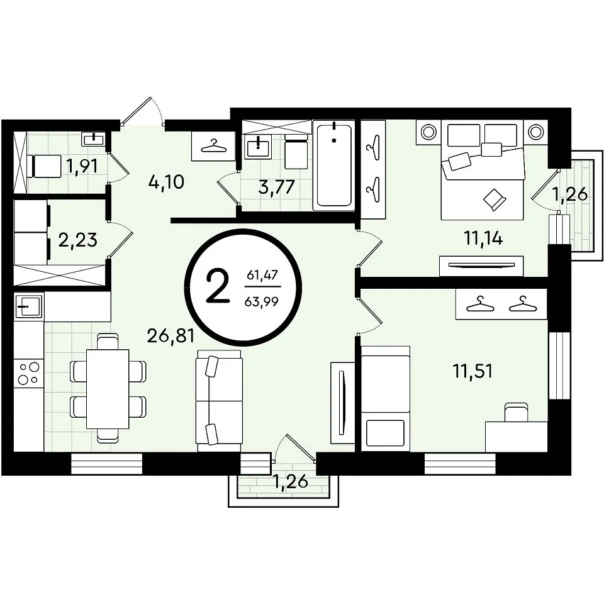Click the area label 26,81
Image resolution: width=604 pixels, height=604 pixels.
(171, 336)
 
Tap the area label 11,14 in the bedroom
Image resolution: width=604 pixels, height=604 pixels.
(483, 239)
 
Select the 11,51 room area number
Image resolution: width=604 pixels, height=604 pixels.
(473, 372)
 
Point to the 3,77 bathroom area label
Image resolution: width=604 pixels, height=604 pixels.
(277, 187)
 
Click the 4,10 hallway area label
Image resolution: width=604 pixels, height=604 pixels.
(166, 182)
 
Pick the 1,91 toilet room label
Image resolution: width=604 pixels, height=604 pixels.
(82, 166)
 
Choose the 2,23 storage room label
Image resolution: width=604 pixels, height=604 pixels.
(77, 240)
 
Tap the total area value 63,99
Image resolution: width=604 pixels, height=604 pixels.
(261, 301)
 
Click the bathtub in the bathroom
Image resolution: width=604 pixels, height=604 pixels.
(334, 165)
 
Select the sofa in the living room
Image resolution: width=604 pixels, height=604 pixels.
(219, 401)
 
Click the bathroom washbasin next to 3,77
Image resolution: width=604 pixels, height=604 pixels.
(259, 146)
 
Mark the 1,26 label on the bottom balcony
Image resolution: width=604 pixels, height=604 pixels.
(291, 481)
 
